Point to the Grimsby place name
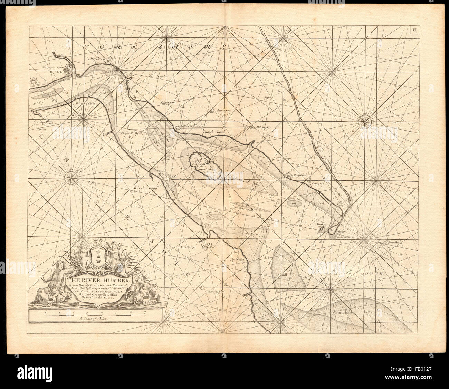click(x=188, y=247)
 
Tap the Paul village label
click(x=139, y=92)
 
